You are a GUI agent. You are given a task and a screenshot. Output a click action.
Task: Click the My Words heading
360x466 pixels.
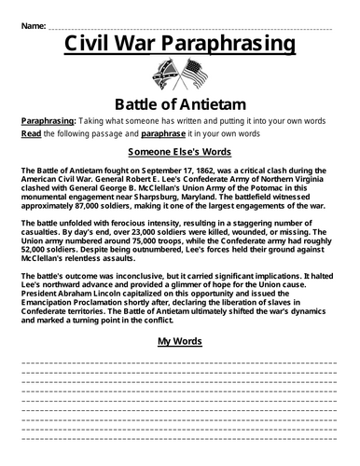(x=179, y=340)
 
